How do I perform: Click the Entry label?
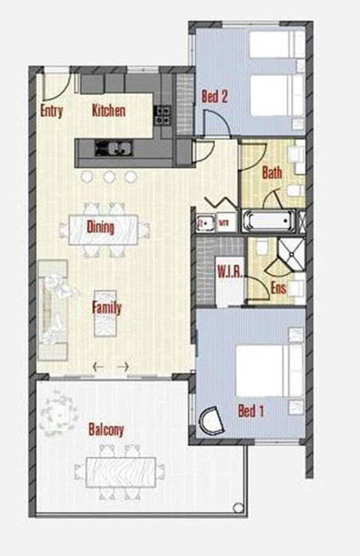click(51, 112)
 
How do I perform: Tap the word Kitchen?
click(108, 111)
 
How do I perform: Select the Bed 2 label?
click(214, 96)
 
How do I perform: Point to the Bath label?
click(271, 173)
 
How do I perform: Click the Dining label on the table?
click(100, 227)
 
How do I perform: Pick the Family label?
click(106, 307)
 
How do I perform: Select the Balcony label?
click(106, 430)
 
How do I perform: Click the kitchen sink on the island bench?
click(112, 148)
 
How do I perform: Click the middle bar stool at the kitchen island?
click(109, 177)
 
